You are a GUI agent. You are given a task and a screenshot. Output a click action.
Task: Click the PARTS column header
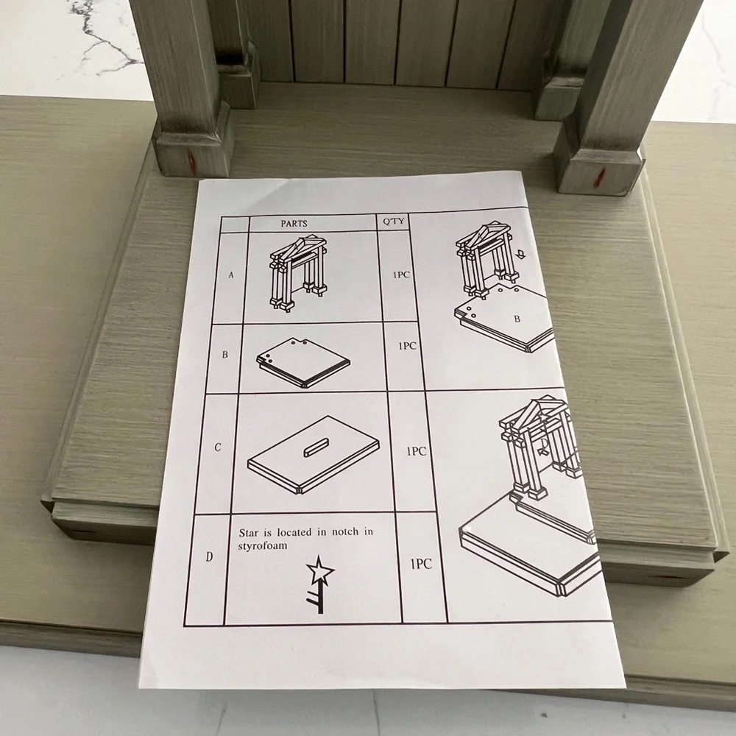click(x=294, y=224)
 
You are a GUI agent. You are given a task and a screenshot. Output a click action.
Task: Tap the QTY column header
click(x=393, y=221)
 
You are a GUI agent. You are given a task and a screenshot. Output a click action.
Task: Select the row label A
click(x=231, y=275)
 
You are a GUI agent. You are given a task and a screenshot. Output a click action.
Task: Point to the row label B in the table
click(x=224, y=355)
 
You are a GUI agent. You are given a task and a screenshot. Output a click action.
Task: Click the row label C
click(x=217, y=447)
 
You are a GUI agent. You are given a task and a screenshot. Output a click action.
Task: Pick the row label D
click(x=209, y=557)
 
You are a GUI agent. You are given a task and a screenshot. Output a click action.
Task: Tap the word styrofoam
click(x=263, y=546)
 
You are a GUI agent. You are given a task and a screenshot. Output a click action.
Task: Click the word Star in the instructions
click(x=249, y=533)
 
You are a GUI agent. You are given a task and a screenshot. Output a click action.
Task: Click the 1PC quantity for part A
click(x=401, y=275)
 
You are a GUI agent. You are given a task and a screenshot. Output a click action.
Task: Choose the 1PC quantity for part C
click(x=417, y=452)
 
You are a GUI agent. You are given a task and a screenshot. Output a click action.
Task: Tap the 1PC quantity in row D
click(x=421, y=564)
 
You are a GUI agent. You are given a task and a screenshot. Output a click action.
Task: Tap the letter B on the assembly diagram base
click(x=517, y=319)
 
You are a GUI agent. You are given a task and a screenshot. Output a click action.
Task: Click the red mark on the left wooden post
click(x=191, y=160)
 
